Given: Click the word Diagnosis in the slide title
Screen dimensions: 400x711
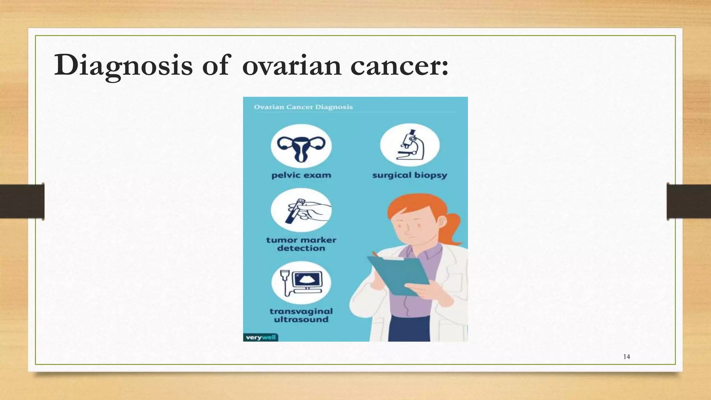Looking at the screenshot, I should (123, 65).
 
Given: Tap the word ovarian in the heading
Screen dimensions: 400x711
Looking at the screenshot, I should (292, 66).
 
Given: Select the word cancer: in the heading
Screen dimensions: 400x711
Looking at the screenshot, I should (399, 66).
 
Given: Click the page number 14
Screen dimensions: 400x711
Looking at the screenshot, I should (627, 357).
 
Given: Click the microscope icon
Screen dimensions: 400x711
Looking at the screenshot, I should (410, 145).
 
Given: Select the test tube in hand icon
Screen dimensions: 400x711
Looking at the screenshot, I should (301, 210).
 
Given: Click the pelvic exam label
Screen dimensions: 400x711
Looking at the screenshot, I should (301, 175).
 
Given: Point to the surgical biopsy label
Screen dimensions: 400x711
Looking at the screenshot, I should (410, 175).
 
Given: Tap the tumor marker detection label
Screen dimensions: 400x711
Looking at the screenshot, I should (301, 244).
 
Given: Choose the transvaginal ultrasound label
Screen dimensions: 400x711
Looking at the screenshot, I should (301, 315).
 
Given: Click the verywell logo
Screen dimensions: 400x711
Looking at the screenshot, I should (260, 337).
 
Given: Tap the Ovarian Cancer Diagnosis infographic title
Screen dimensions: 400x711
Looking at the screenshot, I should (303, 107).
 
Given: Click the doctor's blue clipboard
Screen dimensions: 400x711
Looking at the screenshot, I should (399, 274).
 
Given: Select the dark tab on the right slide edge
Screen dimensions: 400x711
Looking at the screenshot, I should (688, 201).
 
